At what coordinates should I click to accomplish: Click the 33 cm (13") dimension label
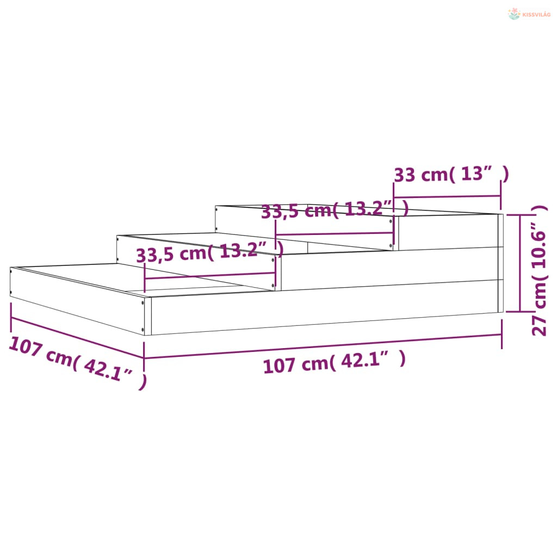pos(451,175)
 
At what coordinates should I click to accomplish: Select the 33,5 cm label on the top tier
pos(335,209)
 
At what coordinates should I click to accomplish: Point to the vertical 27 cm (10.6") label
pos(539,270)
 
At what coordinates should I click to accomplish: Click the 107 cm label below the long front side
pos(335,362)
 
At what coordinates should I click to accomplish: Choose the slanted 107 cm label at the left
pos(78,363)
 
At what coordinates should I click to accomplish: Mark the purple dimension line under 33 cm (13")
pos(447,196)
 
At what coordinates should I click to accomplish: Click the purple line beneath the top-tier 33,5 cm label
pos(335,234)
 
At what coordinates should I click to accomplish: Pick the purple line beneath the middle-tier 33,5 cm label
pos(210,276)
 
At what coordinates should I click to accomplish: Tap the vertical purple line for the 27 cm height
pos(520,263)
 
